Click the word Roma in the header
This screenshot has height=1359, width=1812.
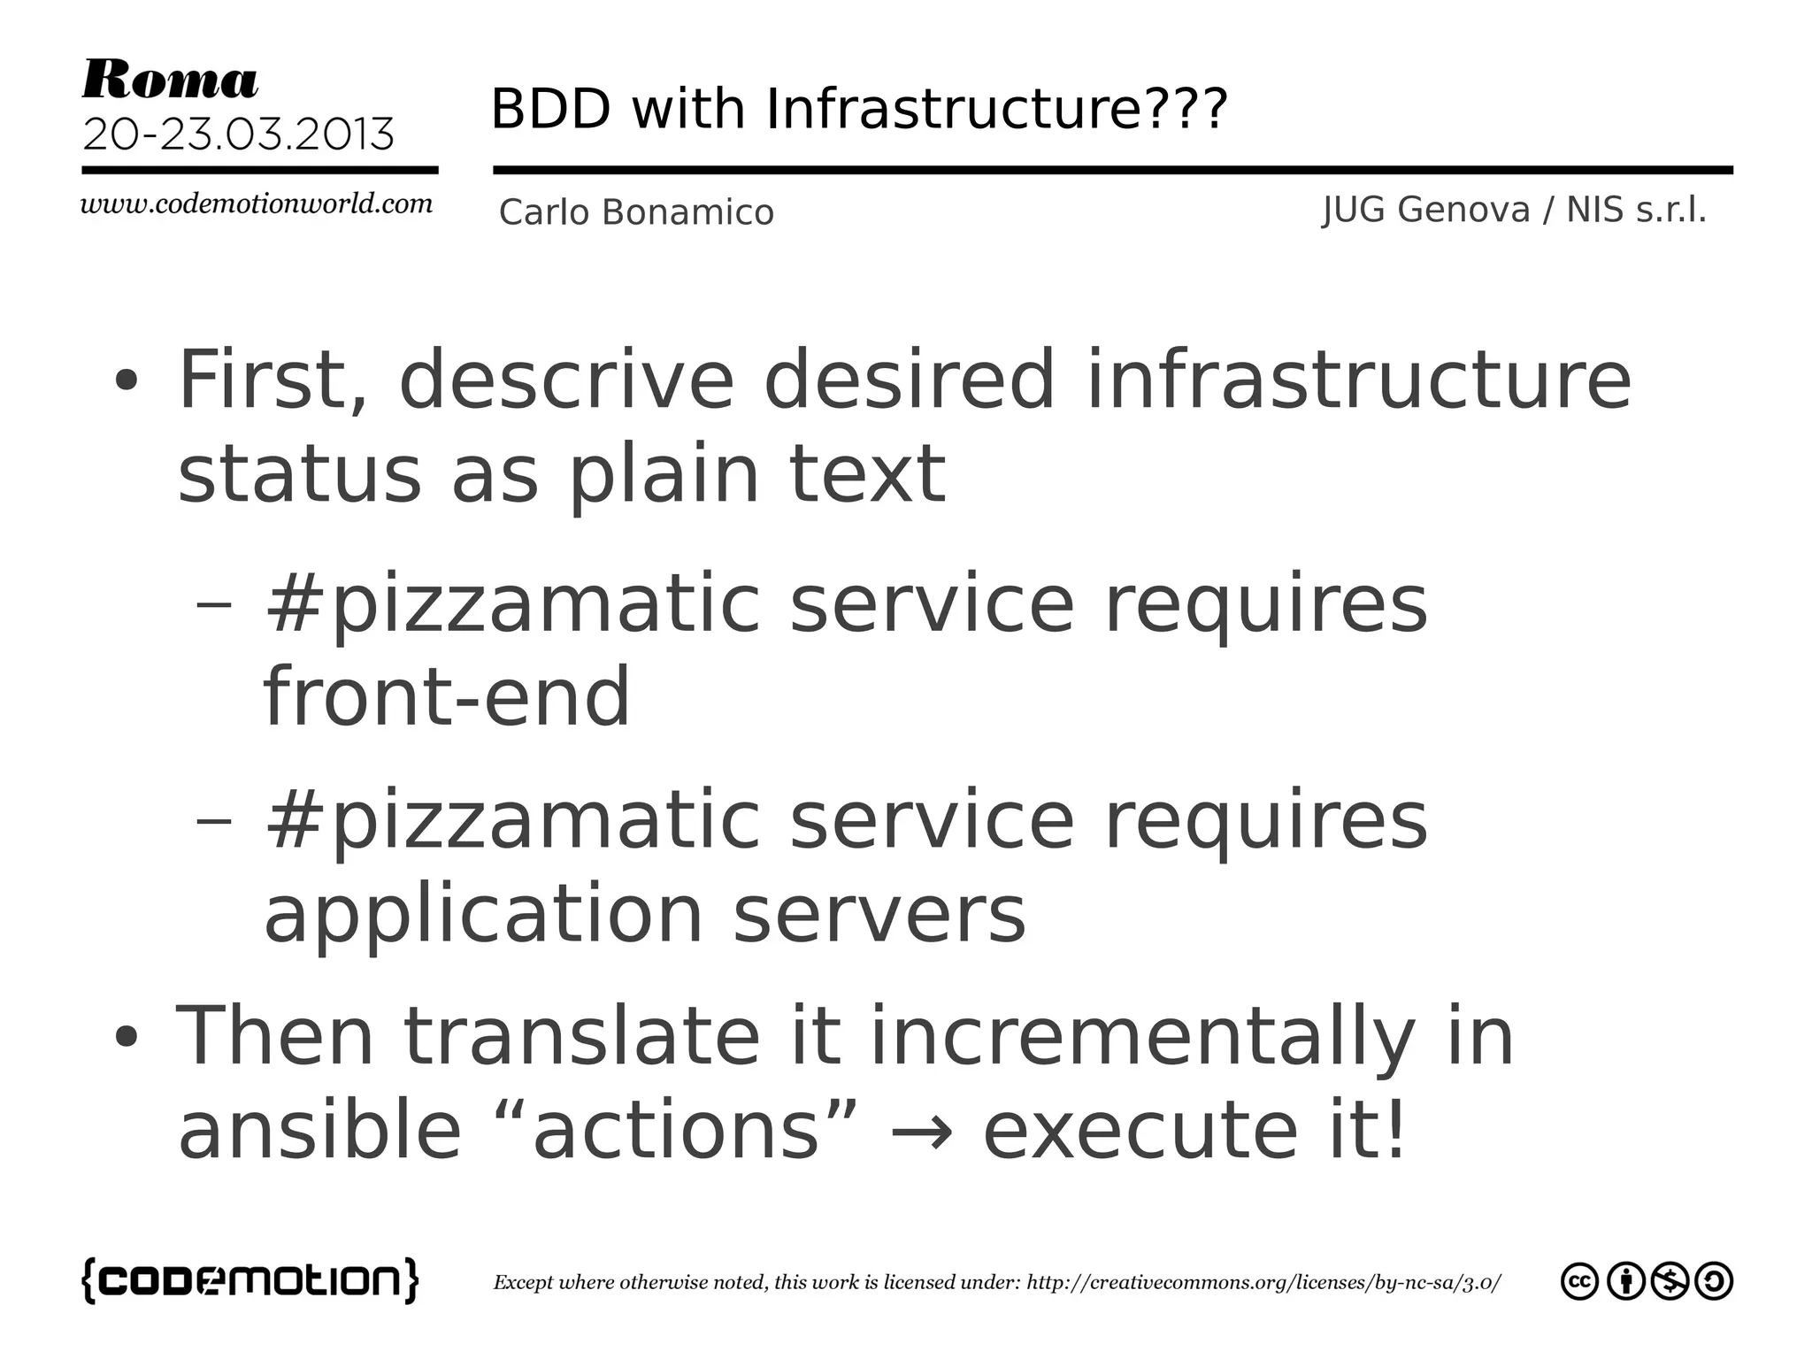click(170, 81)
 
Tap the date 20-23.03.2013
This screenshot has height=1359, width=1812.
click(238, 134)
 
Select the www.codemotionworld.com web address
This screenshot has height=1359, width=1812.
click(257, 204)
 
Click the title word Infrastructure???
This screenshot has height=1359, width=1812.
click(996, 109)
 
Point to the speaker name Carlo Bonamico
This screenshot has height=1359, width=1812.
click(636, 212)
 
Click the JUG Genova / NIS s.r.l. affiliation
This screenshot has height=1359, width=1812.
click(1514, 211)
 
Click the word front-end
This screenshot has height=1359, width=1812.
click(447, 696)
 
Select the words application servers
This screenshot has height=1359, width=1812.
click(645, 914)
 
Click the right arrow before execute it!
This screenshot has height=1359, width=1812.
click(920, 1132)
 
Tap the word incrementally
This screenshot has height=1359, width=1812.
click(1142, 1037)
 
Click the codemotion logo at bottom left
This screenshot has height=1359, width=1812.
click(250, 1280)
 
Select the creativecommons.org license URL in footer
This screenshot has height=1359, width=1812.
click(1263, 1283)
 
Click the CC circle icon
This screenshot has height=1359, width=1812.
click(1579, 1282)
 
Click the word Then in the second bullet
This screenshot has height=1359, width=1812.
click(274, 1037)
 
